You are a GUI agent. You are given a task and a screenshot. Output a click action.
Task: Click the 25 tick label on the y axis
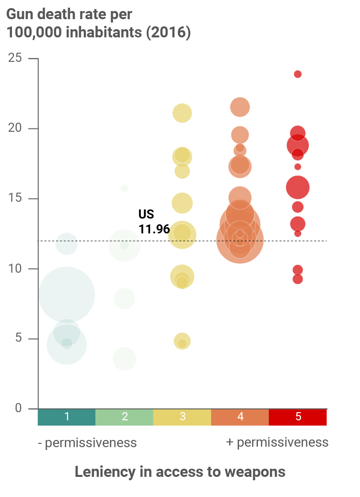click(x=16, y=58)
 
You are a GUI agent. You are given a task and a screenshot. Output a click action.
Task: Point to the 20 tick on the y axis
click(x=16, y=128)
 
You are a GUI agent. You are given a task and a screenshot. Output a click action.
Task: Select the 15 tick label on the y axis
click(x=16, y=198)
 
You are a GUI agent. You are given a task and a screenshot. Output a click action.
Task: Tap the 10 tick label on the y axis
click(x=16, y=268)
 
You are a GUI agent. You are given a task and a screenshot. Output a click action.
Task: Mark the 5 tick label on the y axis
click(x=19, y=338)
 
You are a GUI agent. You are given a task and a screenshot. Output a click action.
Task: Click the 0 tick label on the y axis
click(x=19, y=408)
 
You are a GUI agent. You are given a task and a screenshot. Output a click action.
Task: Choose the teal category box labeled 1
click(x=67, y=417)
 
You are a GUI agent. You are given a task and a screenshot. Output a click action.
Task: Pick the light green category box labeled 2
click(x=125, y=417)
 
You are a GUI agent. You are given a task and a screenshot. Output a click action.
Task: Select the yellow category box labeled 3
click(x=182, y=417)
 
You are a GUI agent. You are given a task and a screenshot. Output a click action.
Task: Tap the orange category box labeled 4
click(x=240, y=417)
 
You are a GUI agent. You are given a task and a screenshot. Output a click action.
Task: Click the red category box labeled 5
click(x=298, y=417)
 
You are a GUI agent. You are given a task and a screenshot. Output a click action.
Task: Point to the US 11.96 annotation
click(x=154, y=222)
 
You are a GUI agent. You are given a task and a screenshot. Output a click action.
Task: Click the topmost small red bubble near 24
click(x=298, y=74)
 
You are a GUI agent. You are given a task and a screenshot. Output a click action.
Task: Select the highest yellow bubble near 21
click(x=182, y=114)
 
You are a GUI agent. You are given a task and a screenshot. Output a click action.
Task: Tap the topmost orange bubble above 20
click(x=240, y=107)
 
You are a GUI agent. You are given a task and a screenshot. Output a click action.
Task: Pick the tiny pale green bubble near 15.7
click(x=125, y=188)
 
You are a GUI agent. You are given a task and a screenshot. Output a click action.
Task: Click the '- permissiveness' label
click(x=87, y=442)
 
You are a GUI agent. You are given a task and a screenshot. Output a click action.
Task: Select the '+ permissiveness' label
click(x=277, y=442)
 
